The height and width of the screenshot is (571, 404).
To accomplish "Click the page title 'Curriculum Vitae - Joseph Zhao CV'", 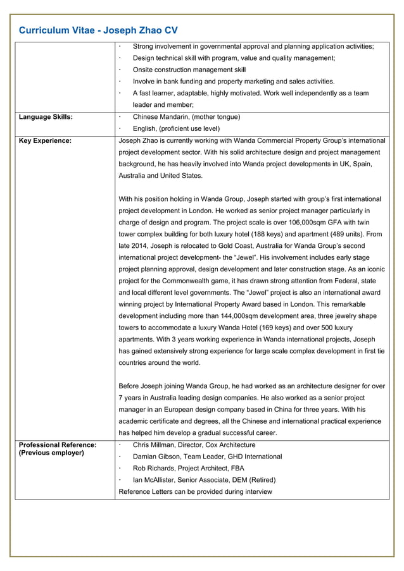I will click(98, 30).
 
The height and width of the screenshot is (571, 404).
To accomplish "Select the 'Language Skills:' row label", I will click(46, 117).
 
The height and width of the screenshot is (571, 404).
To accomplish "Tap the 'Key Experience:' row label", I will click(45, 140).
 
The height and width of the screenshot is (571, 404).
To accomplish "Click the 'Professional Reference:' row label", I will click(58, 445).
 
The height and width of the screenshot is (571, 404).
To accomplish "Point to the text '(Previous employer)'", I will click(51, 453).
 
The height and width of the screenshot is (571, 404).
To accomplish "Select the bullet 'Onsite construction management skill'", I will click(189, 70).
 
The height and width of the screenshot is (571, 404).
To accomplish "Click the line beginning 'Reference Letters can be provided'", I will click(195, 491).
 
